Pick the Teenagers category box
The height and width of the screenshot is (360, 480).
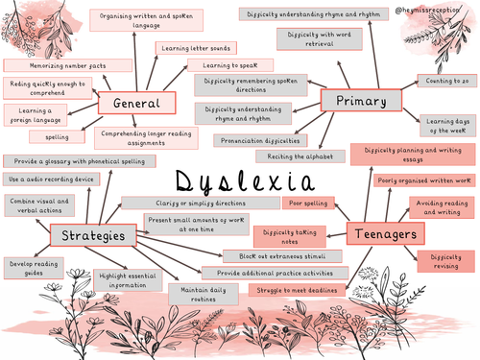pos(382,233)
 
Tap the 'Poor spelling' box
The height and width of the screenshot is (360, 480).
pos(306,204)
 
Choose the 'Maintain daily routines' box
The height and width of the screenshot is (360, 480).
pos(202,292)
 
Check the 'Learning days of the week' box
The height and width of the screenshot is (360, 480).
pos(445,124)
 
